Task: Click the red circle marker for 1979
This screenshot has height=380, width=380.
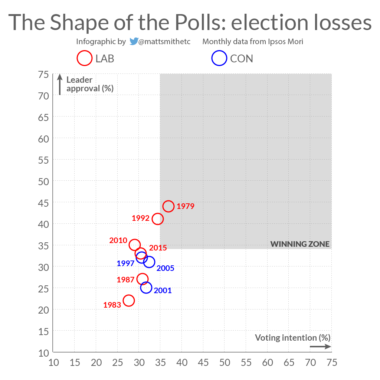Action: tap(168, 206)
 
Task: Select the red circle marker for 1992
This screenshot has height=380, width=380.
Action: tap(158, 219)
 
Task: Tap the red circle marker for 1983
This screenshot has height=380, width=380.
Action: tap(129, 300)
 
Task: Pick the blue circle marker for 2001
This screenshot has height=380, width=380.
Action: tap(146, 287)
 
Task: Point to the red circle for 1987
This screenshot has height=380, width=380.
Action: tap(142, 279)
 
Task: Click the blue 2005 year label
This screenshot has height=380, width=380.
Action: tap(165, 268)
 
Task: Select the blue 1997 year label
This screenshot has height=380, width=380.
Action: tap(125, 263)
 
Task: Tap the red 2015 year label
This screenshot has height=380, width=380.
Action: tap(158, 248)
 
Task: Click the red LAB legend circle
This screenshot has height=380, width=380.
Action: tap(85, 59)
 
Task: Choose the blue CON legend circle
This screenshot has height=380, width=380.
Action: tap(219, 59)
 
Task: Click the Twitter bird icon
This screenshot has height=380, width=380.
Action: tap(134, 42)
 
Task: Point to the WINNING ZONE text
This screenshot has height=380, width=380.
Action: tap(300, 244)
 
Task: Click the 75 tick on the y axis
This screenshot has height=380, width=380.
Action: tap(43, 75)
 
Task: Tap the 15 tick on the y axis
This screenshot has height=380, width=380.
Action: tap(43, 331)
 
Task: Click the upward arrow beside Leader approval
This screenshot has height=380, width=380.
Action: tap(60, 85)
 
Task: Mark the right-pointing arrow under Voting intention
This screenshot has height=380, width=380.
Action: tap(320, 347)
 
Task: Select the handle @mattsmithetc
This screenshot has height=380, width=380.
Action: tap(164, 42)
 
